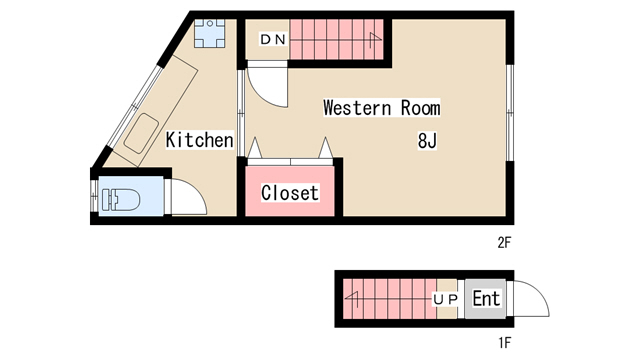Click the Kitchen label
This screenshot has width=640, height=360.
point(200,140)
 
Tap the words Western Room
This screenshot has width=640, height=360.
point(382,108)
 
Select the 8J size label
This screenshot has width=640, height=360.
point(427,141)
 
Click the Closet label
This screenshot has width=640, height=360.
point(290,193)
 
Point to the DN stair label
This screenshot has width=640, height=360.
point(273,40)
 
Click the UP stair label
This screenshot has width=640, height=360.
point(445,300)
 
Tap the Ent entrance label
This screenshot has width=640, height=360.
point(486,298)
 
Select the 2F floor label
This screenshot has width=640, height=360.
point(504,243)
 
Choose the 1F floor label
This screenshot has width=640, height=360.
point(505,343)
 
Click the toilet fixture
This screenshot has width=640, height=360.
point(121,200)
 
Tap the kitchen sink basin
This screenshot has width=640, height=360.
point(141,133)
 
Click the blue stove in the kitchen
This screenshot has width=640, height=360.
point(209,33)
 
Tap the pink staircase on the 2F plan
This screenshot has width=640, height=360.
point(336,39)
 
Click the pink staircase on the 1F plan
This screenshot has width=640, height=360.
point(390,299)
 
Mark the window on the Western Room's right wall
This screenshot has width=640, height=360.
point(510,112)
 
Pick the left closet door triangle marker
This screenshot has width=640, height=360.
point(255,147)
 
